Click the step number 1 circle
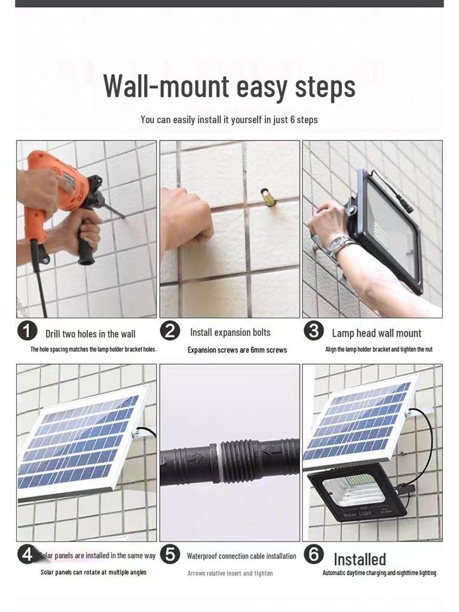click(x=27, y=331)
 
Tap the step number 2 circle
click(x=170, y=331)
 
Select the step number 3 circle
click(x=314, y=331)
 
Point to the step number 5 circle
click(x=170, y=554)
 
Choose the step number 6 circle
click(x=314, y=554)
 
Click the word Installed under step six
click(x=360, y=559)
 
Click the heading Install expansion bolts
click(x=230, y=332)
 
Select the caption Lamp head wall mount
click(x=377, y=333)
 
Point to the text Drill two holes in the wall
click(x=91, y=334)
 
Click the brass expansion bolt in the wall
click(x=268, y=195)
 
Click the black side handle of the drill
click(x=86, y=241)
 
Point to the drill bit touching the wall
click(x=114, y=209)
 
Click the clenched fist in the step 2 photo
click(x=186, y=219)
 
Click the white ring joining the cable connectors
click(x=218, y=462)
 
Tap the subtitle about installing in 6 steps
click(x=229, y=120)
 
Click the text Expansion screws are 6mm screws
click(x=237, y=350)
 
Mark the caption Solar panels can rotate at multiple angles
click(x=94, y=572)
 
